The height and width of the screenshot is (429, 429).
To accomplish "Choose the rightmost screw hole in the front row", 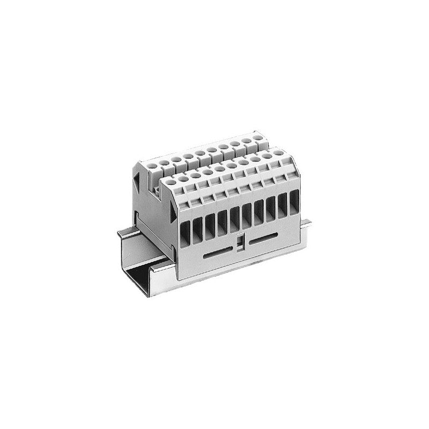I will (280, 153).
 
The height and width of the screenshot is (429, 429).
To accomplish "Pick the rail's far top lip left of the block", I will (127, 232).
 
